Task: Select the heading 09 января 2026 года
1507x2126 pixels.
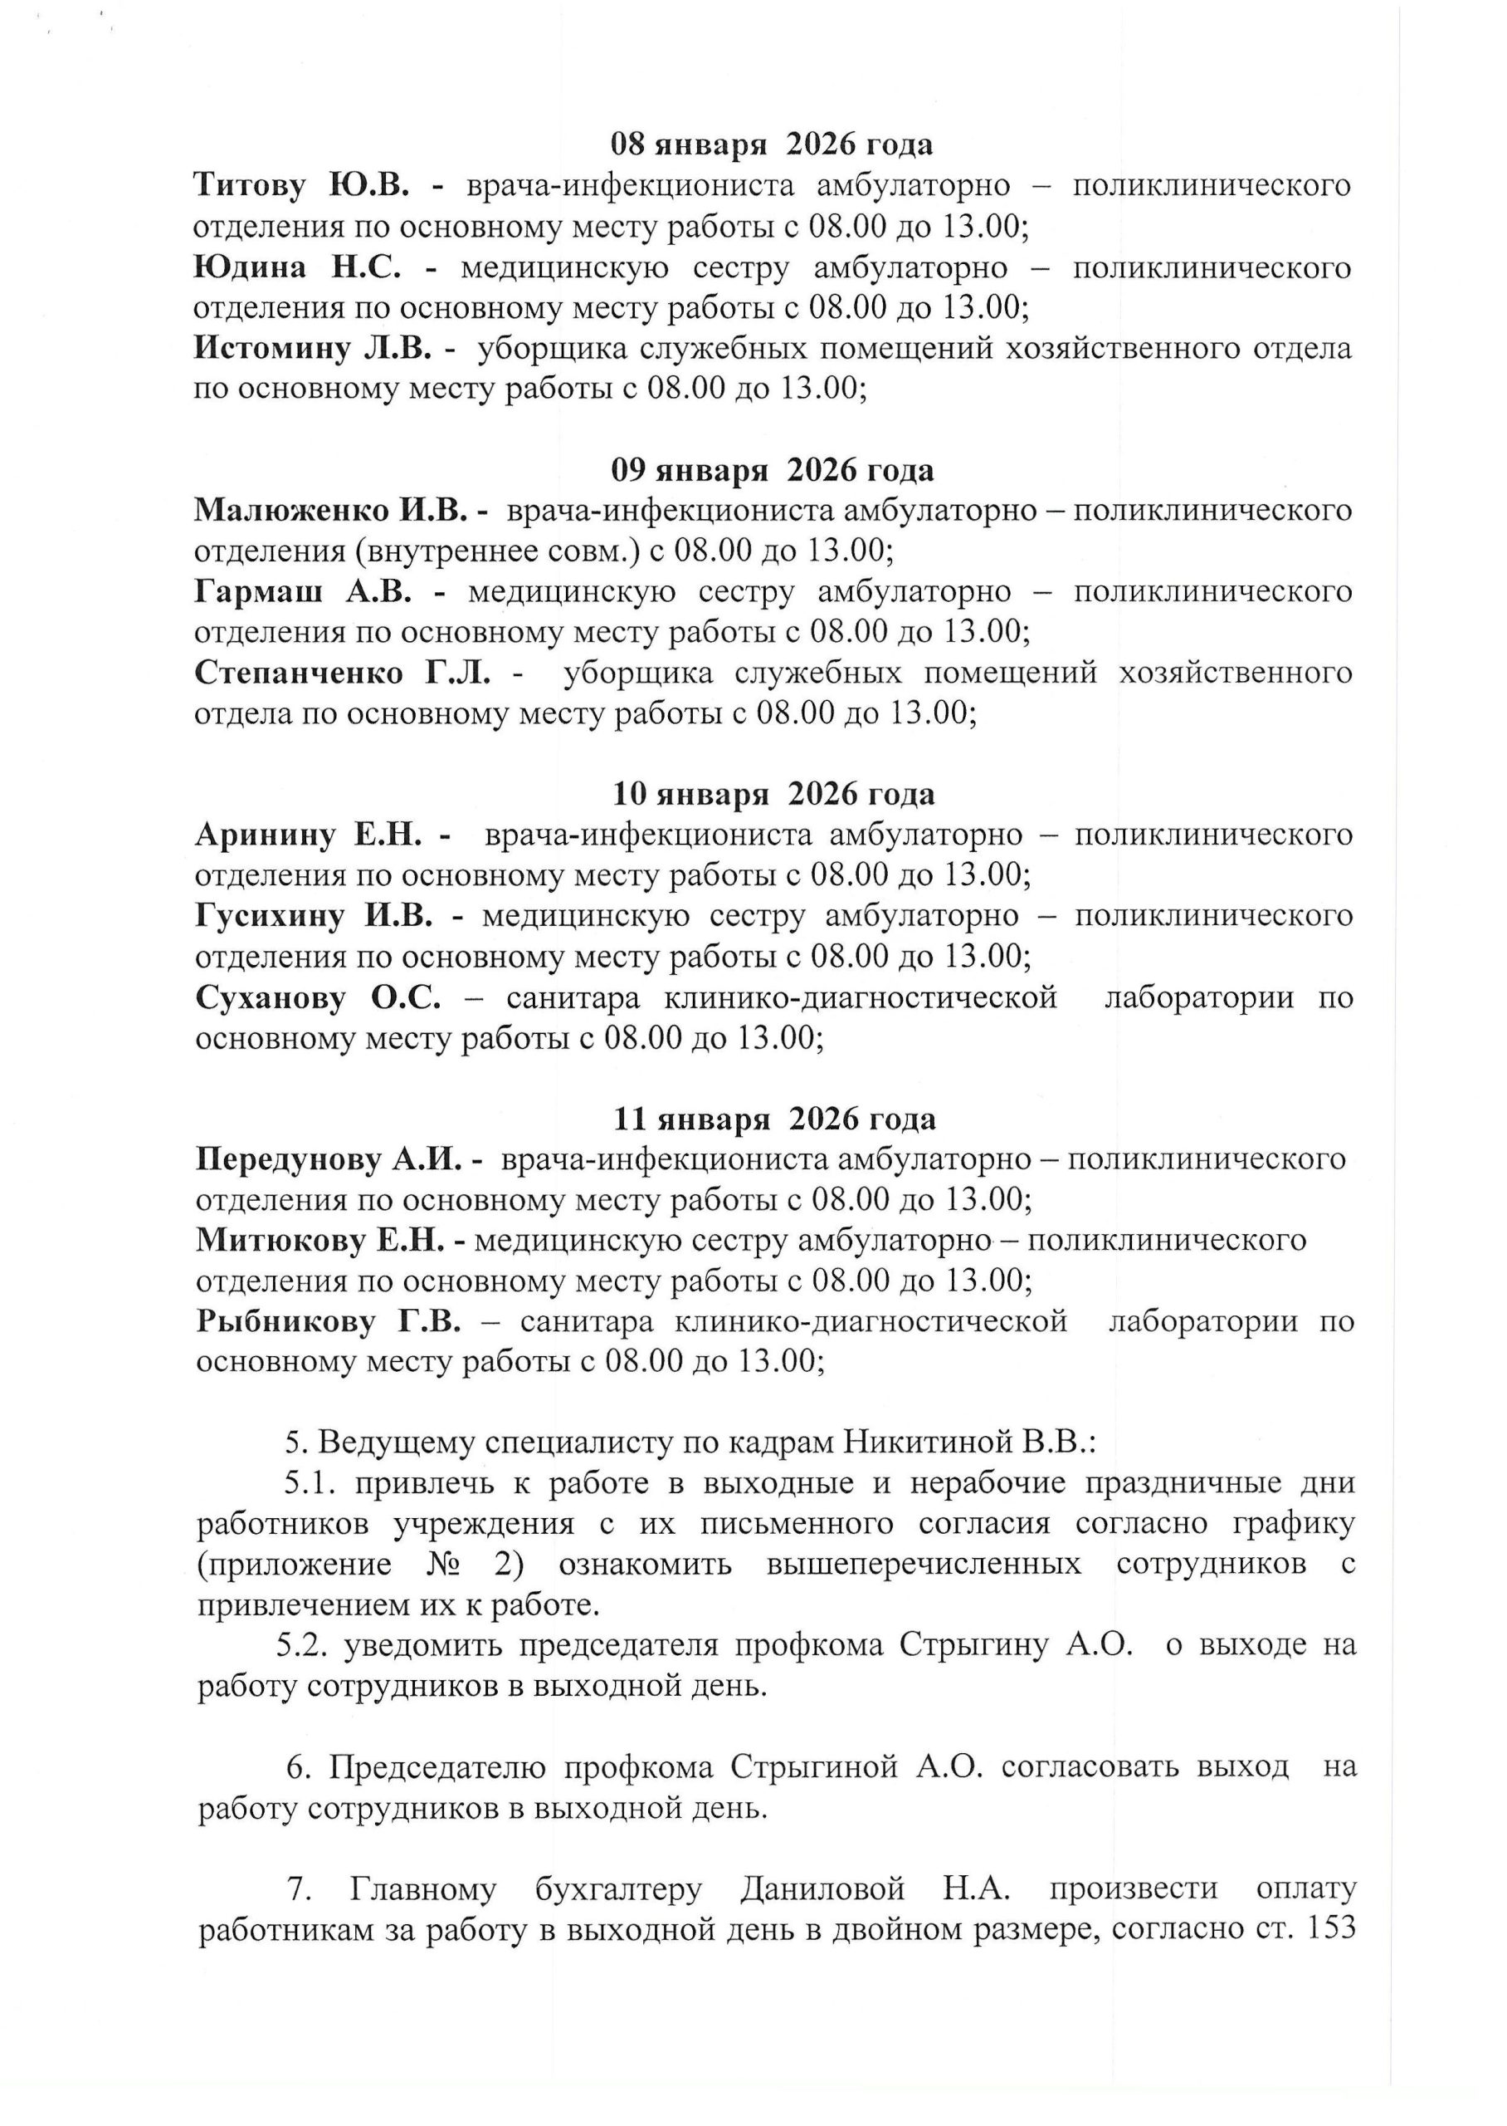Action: point(772,471)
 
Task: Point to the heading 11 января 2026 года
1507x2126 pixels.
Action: point(774,1119)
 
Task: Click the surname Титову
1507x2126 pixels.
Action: point(249,186)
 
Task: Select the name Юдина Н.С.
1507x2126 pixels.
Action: point(297,267)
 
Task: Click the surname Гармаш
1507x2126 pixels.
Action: point(258,591)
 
